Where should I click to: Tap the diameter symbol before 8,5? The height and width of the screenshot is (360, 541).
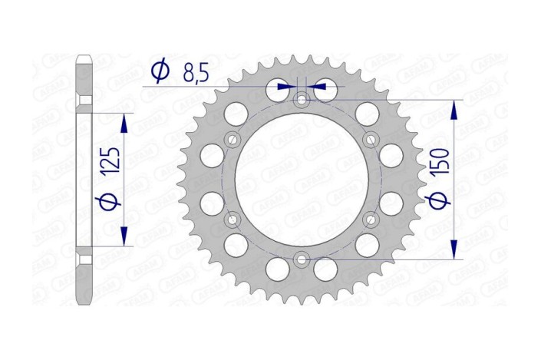point(160,71)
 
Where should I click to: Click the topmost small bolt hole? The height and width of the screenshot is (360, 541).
point(302,99)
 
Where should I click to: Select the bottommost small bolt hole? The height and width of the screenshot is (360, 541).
point(302,259)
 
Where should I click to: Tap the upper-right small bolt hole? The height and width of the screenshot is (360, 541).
point(371,139)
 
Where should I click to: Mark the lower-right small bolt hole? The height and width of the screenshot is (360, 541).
point(371,220)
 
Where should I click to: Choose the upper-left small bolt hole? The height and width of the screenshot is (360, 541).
point(232,139)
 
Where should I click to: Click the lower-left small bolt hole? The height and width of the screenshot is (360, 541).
point(232,220)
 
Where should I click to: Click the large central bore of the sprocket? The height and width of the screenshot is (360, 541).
point(302,180)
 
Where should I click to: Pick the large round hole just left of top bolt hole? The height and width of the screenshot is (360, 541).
point(277,90)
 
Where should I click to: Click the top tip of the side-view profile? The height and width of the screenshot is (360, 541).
point(84,55)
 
